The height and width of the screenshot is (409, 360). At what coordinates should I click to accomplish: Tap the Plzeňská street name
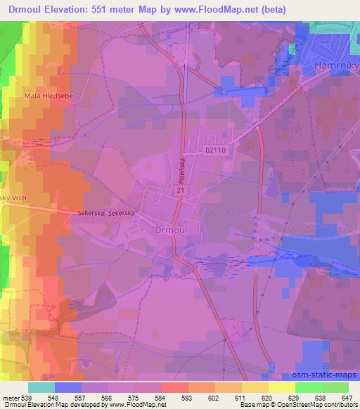click(x=181, y=169)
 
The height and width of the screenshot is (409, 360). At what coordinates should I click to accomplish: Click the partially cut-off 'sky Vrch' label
click(x=14, y=199)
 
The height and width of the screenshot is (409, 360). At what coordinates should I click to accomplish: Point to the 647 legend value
click(x=348, y=398)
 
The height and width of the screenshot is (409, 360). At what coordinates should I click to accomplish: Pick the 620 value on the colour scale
click(x=268, y=398)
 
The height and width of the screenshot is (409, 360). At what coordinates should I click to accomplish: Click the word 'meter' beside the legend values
click(x=9, y=398)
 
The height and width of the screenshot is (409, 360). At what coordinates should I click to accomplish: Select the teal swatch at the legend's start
click(x=41, y=387)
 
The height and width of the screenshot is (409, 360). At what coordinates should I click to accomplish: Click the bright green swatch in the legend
click(x=308, y=387)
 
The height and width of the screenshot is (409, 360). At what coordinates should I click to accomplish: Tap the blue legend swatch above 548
click(x=68, y=387)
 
